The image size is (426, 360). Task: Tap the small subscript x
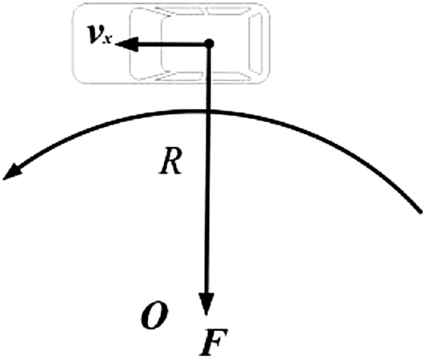[x=107, y=40]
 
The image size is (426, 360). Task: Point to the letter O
[x=154, y=315]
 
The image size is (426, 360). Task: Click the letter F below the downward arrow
[x=213, y=342]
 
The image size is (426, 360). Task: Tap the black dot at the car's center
[x=209, y=43]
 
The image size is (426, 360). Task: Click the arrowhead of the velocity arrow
[x=127, y=44]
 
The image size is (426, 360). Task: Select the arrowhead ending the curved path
[x=12, y=172]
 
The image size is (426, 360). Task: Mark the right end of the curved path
[x=420, y=211]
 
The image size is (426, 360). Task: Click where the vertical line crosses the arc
[x=209, y=111]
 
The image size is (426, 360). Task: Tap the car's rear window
[x=256, y=43]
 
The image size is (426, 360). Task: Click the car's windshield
[x=151, y=43]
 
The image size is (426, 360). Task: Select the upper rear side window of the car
[x=227, y=11]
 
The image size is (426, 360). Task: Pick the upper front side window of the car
[x=179, y=11]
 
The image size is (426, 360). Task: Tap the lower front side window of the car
[x=179, y=76]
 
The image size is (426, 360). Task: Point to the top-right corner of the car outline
[x=268, y=6]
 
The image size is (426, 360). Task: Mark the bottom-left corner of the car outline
[x=74, y=81]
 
